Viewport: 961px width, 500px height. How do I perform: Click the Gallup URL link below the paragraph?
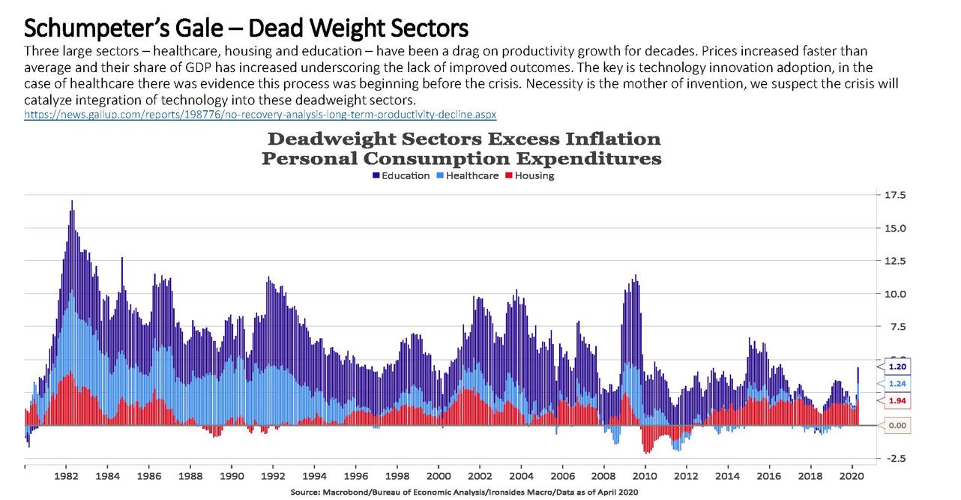pos(260,115)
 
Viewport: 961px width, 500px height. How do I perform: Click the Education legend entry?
pos(401,175)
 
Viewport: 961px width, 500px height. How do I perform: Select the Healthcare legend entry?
pos(467,175)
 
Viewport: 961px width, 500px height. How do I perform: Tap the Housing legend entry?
pos(529,175)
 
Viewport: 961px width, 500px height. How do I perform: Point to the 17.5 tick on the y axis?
pos(896,195)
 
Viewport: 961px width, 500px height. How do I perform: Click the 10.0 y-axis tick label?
pos(896,294)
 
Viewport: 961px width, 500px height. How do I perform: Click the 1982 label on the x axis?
pos(67,475)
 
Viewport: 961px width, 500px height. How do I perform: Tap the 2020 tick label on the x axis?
pos(851,475)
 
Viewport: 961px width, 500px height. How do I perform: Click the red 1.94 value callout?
pos(898,401)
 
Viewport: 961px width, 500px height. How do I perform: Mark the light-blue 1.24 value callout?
pos(898,384)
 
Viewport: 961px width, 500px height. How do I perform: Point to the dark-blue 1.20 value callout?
pos(898,367)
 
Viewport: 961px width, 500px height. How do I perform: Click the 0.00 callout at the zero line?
pos(897,425)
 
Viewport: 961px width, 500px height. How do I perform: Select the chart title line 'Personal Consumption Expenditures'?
pos(461,158)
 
